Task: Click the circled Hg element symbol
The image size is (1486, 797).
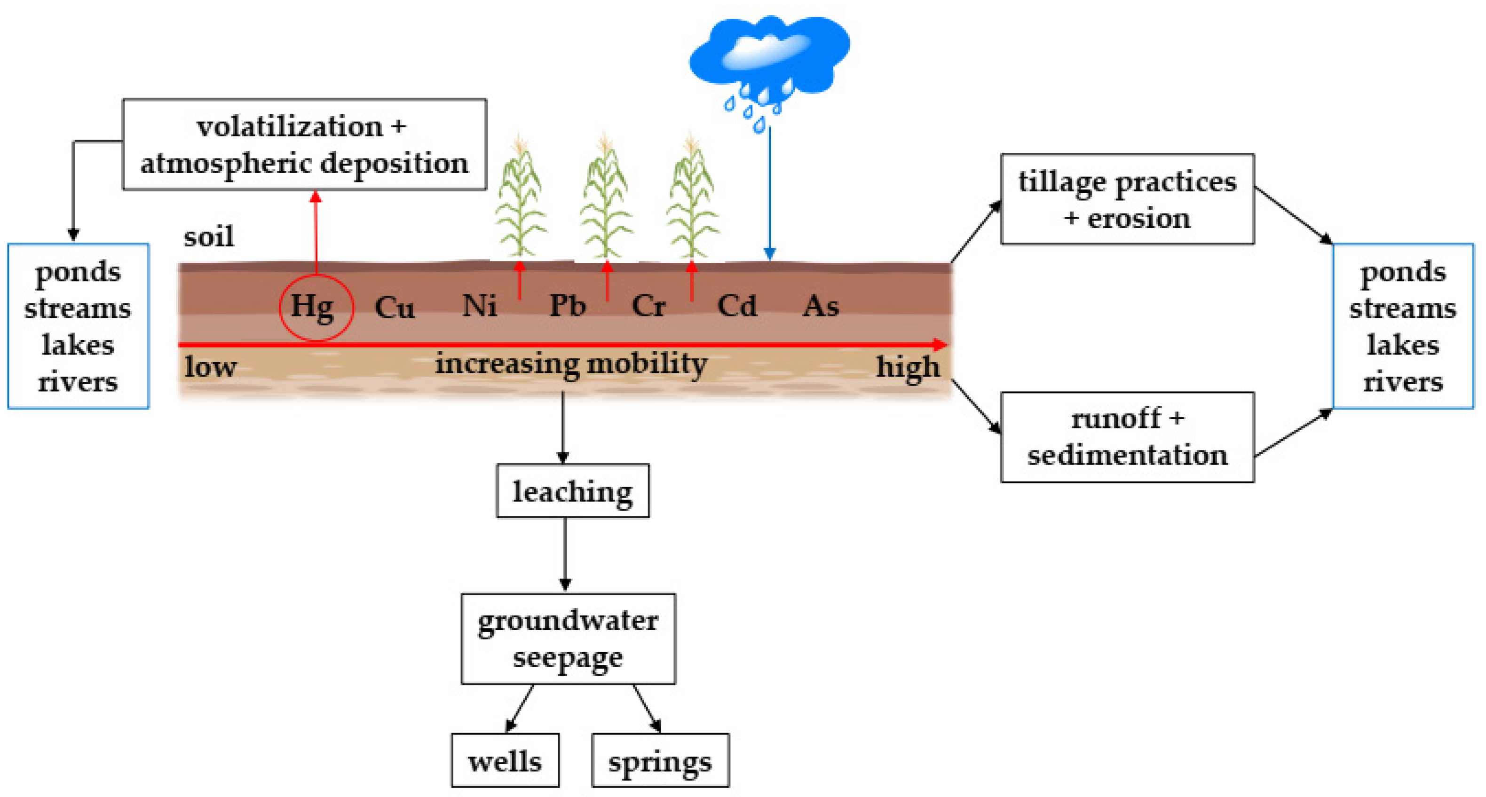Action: click(315, 307)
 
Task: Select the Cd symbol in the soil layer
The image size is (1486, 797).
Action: click(737, 306)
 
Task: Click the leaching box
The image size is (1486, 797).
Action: click(572, 491)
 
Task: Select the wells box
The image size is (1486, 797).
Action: click(505, 760)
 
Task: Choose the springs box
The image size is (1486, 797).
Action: click(660, 760)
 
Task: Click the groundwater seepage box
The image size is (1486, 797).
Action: click(568, 639)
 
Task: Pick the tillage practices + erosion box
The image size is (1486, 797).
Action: click(1127, 199)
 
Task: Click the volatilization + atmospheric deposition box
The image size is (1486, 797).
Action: click(304, 144)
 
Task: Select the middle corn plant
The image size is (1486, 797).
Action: click(605, 199)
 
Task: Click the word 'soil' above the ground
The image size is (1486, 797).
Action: click(209, 237)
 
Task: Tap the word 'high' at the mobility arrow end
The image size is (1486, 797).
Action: click(908, 367)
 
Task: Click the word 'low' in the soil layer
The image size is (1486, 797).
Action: click(210, 367)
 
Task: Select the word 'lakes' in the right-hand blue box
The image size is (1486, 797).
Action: click(1402, 345)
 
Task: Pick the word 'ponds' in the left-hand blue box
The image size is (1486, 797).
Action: click(78, 272)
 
